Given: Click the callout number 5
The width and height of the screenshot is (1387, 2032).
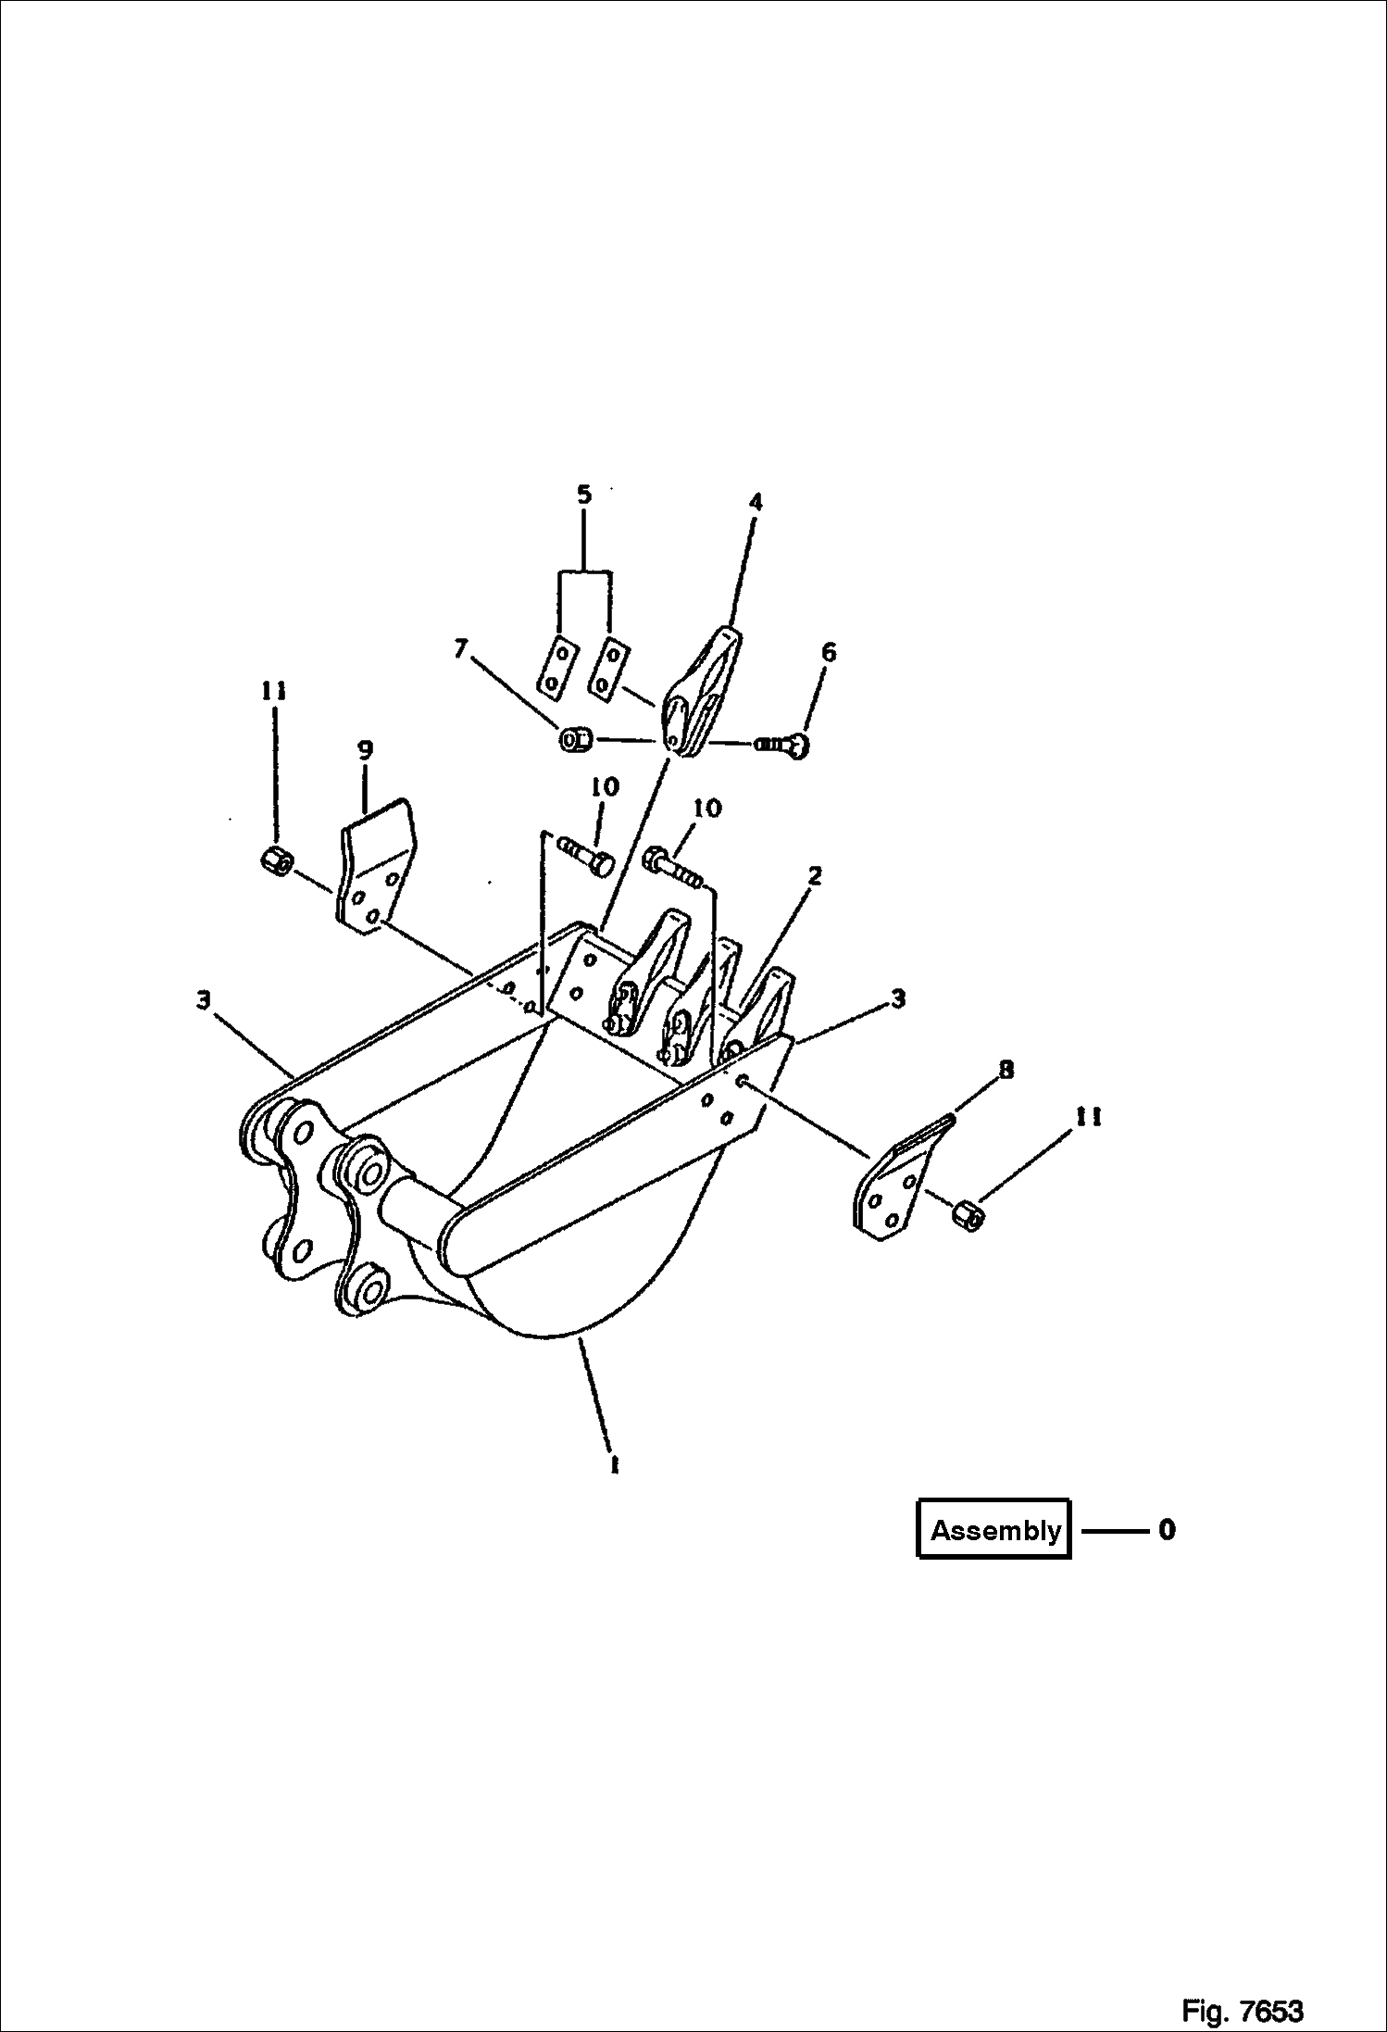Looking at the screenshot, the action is [x=584, y=494].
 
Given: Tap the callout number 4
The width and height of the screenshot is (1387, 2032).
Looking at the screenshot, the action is [x=756, y=502].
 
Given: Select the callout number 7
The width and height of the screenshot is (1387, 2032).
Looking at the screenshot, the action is [x=460, y=648].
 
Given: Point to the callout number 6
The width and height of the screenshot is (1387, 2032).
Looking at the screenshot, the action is [x=829, y=652].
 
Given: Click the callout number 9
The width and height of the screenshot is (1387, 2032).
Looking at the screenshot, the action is [x=365, y=750].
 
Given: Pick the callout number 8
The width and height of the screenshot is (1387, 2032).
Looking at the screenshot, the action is [x=1006, y=1070].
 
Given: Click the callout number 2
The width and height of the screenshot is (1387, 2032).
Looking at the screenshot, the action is [x=814, y=875].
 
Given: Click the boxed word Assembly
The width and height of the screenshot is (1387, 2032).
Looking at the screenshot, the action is [x=994, y=1530].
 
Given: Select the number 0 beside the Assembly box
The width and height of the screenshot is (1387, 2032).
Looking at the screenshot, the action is [x=1167, y=1529].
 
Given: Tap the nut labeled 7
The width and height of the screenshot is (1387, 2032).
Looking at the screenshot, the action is [x=575, y=740].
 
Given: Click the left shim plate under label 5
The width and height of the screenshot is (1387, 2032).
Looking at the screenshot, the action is [x=555, y=665].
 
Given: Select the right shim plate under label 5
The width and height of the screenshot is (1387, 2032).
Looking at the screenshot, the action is [x=607, y=665].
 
